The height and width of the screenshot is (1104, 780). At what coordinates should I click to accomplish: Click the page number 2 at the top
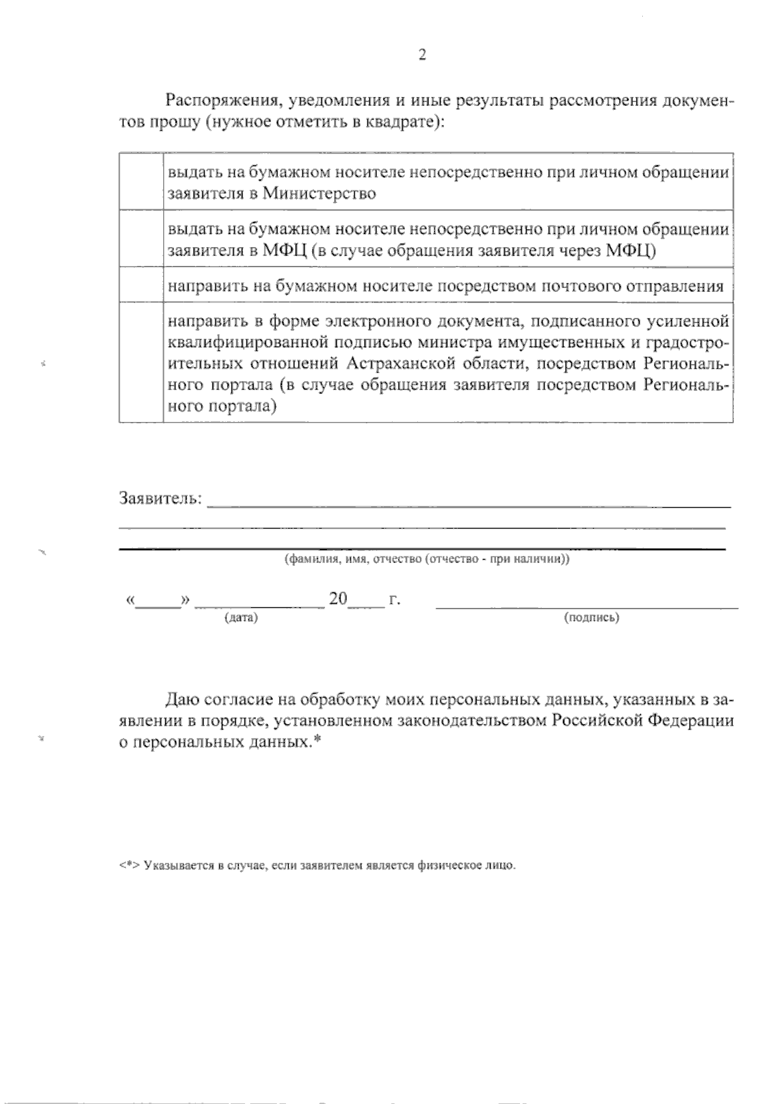[422, 56]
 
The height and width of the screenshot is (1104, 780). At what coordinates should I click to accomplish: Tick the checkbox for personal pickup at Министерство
[141, 182]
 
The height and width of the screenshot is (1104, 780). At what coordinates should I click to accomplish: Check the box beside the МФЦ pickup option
[141, 238]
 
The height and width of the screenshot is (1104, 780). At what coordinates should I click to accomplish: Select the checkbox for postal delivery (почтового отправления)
[141, 284]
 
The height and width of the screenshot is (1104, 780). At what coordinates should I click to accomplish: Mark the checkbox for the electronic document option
[141, 362]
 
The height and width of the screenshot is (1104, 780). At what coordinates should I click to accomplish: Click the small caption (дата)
[241, 618]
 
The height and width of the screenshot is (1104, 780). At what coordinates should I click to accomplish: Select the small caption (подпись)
[591, 618]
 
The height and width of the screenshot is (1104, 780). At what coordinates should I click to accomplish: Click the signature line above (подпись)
[587, 607]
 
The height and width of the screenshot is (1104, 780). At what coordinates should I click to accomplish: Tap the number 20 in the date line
[339, 599]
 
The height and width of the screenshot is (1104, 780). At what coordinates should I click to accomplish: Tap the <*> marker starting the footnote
[130, 866]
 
